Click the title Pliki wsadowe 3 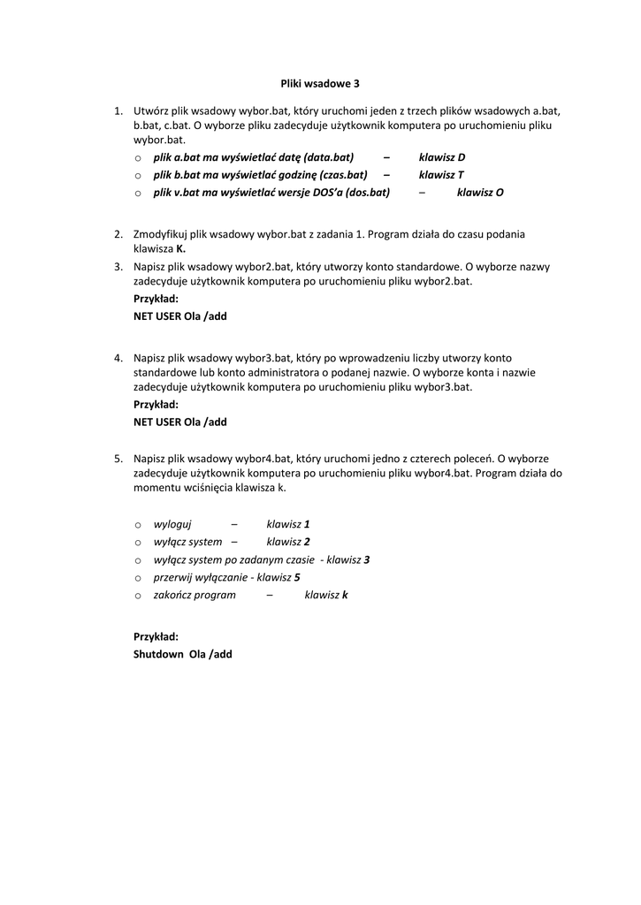320,83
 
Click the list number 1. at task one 118,111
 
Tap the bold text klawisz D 442,157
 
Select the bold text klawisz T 441,175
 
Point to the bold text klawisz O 480,192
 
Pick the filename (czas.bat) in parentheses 338,175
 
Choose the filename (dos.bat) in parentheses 367,192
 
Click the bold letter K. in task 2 180,249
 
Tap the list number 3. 118,266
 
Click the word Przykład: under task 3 156,299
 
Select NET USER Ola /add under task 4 180,422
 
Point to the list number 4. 118,358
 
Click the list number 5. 118,459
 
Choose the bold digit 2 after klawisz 307,542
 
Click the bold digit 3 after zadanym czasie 366,559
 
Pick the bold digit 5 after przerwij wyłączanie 297,577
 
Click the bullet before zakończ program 139,596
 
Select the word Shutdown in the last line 157,655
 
